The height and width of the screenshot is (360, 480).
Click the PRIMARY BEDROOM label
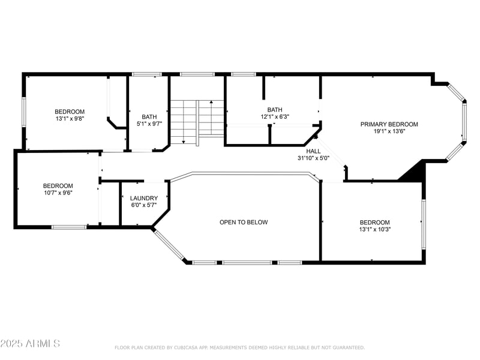[389, 124]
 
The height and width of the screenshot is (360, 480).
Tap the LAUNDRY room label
[144, 198]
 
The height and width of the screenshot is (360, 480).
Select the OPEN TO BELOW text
[244, 222]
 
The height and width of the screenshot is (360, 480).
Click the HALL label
[313, 152]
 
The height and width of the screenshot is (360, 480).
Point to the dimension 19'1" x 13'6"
[389, 131]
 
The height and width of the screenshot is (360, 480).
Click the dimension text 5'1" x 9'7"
[149, 124]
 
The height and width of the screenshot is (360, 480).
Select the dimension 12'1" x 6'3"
[274, 117]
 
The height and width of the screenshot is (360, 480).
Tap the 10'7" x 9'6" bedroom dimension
[58, 193]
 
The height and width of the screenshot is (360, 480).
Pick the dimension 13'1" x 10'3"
[374, 229]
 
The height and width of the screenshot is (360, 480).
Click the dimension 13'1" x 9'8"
[70, 119]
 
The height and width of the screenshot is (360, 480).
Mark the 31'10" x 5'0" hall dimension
[313, 158]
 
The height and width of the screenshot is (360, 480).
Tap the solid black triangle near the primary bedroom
[414, 172]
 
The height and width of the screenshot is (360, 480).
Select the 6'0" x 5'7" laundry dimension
[144, 205]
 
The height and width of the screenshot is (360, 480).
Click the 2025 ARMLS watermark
[30, 344]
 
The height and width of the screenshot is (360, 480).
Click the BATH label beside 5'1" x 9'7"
[149, 117]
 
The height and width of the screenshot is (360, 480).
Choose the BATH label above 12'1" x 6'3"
[274, 110]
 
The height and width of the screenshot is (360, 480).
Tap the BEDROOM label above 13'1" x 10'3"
[374, 222]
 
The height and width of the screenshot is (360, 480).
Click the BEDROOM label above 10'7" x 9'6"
[58, 186]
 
